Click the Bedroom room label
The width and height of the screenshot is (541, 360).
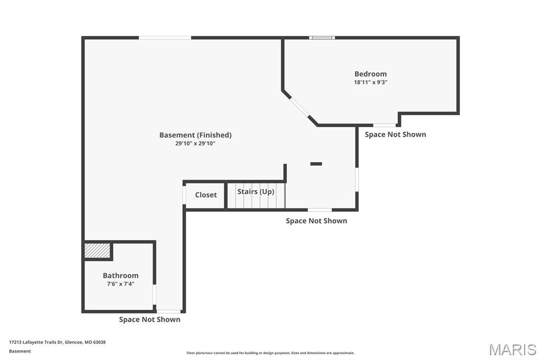click(370, 74)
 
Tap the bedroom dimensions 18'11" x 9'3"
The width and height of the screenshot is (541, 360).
click(370, 82)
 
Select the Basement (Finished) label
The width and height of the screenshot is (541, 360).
click(195, 135)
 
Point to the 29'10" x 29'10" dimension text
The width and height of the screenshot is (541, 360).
click(195, 144)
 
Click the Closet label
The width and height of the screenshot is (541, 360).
click(206, 195)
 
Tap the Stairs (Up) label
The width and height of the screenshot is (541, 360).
click(256, 192)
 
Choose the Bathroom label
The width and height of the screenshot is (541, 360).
click(120, 276)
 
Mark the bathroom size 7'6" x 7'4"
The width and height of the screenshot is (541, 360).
click(120, 284)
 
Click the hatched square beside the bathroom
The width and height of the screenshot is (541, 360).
click(98, 251)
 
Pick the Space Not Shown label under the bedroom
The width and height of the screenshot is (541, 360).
click(395, 135)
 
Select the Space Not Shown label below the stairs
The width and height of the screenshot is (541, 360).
click(316, 221)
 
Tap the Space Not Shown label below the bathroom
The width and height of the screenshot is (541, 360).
click(150, 319)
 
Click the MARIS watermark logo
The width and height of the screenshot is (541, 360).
click(512, 349)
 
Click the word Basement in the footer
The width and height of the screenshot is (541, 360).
click(20, 351)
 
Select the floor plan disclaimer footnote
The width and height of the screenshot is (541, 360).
click(270, 353)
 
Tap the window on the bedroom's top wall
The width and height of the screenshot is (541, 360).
click(322, 37)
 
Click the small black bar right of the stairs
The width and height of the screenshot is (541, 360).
click(316, 164)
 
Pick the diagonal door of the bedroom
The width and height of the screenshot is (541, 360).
click(300, 107)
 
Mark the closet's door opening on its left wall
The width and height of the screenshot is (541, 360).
click(184, 195)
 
